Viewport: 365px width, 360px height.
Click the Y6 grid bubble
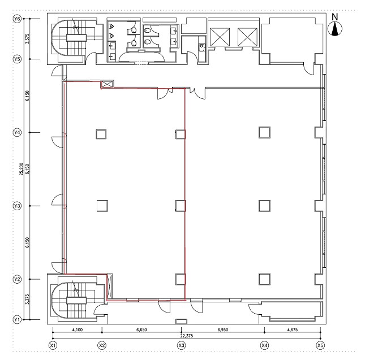tap(16, 19)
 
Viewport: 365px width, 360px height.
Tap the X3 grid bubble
tap(181, 346)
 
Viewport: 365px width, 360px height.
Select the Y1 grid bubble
tap(16, 319)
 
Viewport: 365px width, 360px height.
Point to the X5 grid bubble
tap(320, 346)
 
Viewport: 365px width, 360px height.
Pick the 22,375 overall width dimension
tap(186, 336)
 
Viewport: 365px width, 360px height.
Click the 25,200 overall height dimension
tap(22, 169)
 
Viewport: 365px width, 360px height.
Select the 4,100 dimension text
tap(78, 329)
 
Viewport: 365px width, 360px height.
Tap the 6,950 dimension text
tap(223, 329)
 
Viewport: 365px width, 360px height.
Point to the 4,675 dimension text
tap(293, 329)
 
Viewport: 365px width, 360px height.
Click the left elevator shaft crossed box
tap(220, 37)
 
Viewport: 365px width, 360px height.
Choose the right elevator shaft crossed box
tap(247, 37)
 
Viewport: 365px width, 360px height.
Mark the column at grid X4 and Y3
tap(264, 206)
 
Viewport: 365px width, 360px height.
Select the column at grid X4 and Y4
tap(264, 132)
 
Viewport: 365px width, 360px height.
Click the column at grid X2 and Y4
tap(101, 135)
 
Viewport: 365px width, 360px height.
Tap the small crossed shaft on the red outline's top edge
tap(108, 84)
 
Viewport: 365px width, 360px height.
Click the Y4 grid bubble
tap(16, 132)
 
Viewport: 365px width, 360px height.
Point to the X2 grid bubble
tap(102, 346)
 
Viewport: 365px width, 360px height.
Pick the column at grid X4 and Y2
tap(264, 279)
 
